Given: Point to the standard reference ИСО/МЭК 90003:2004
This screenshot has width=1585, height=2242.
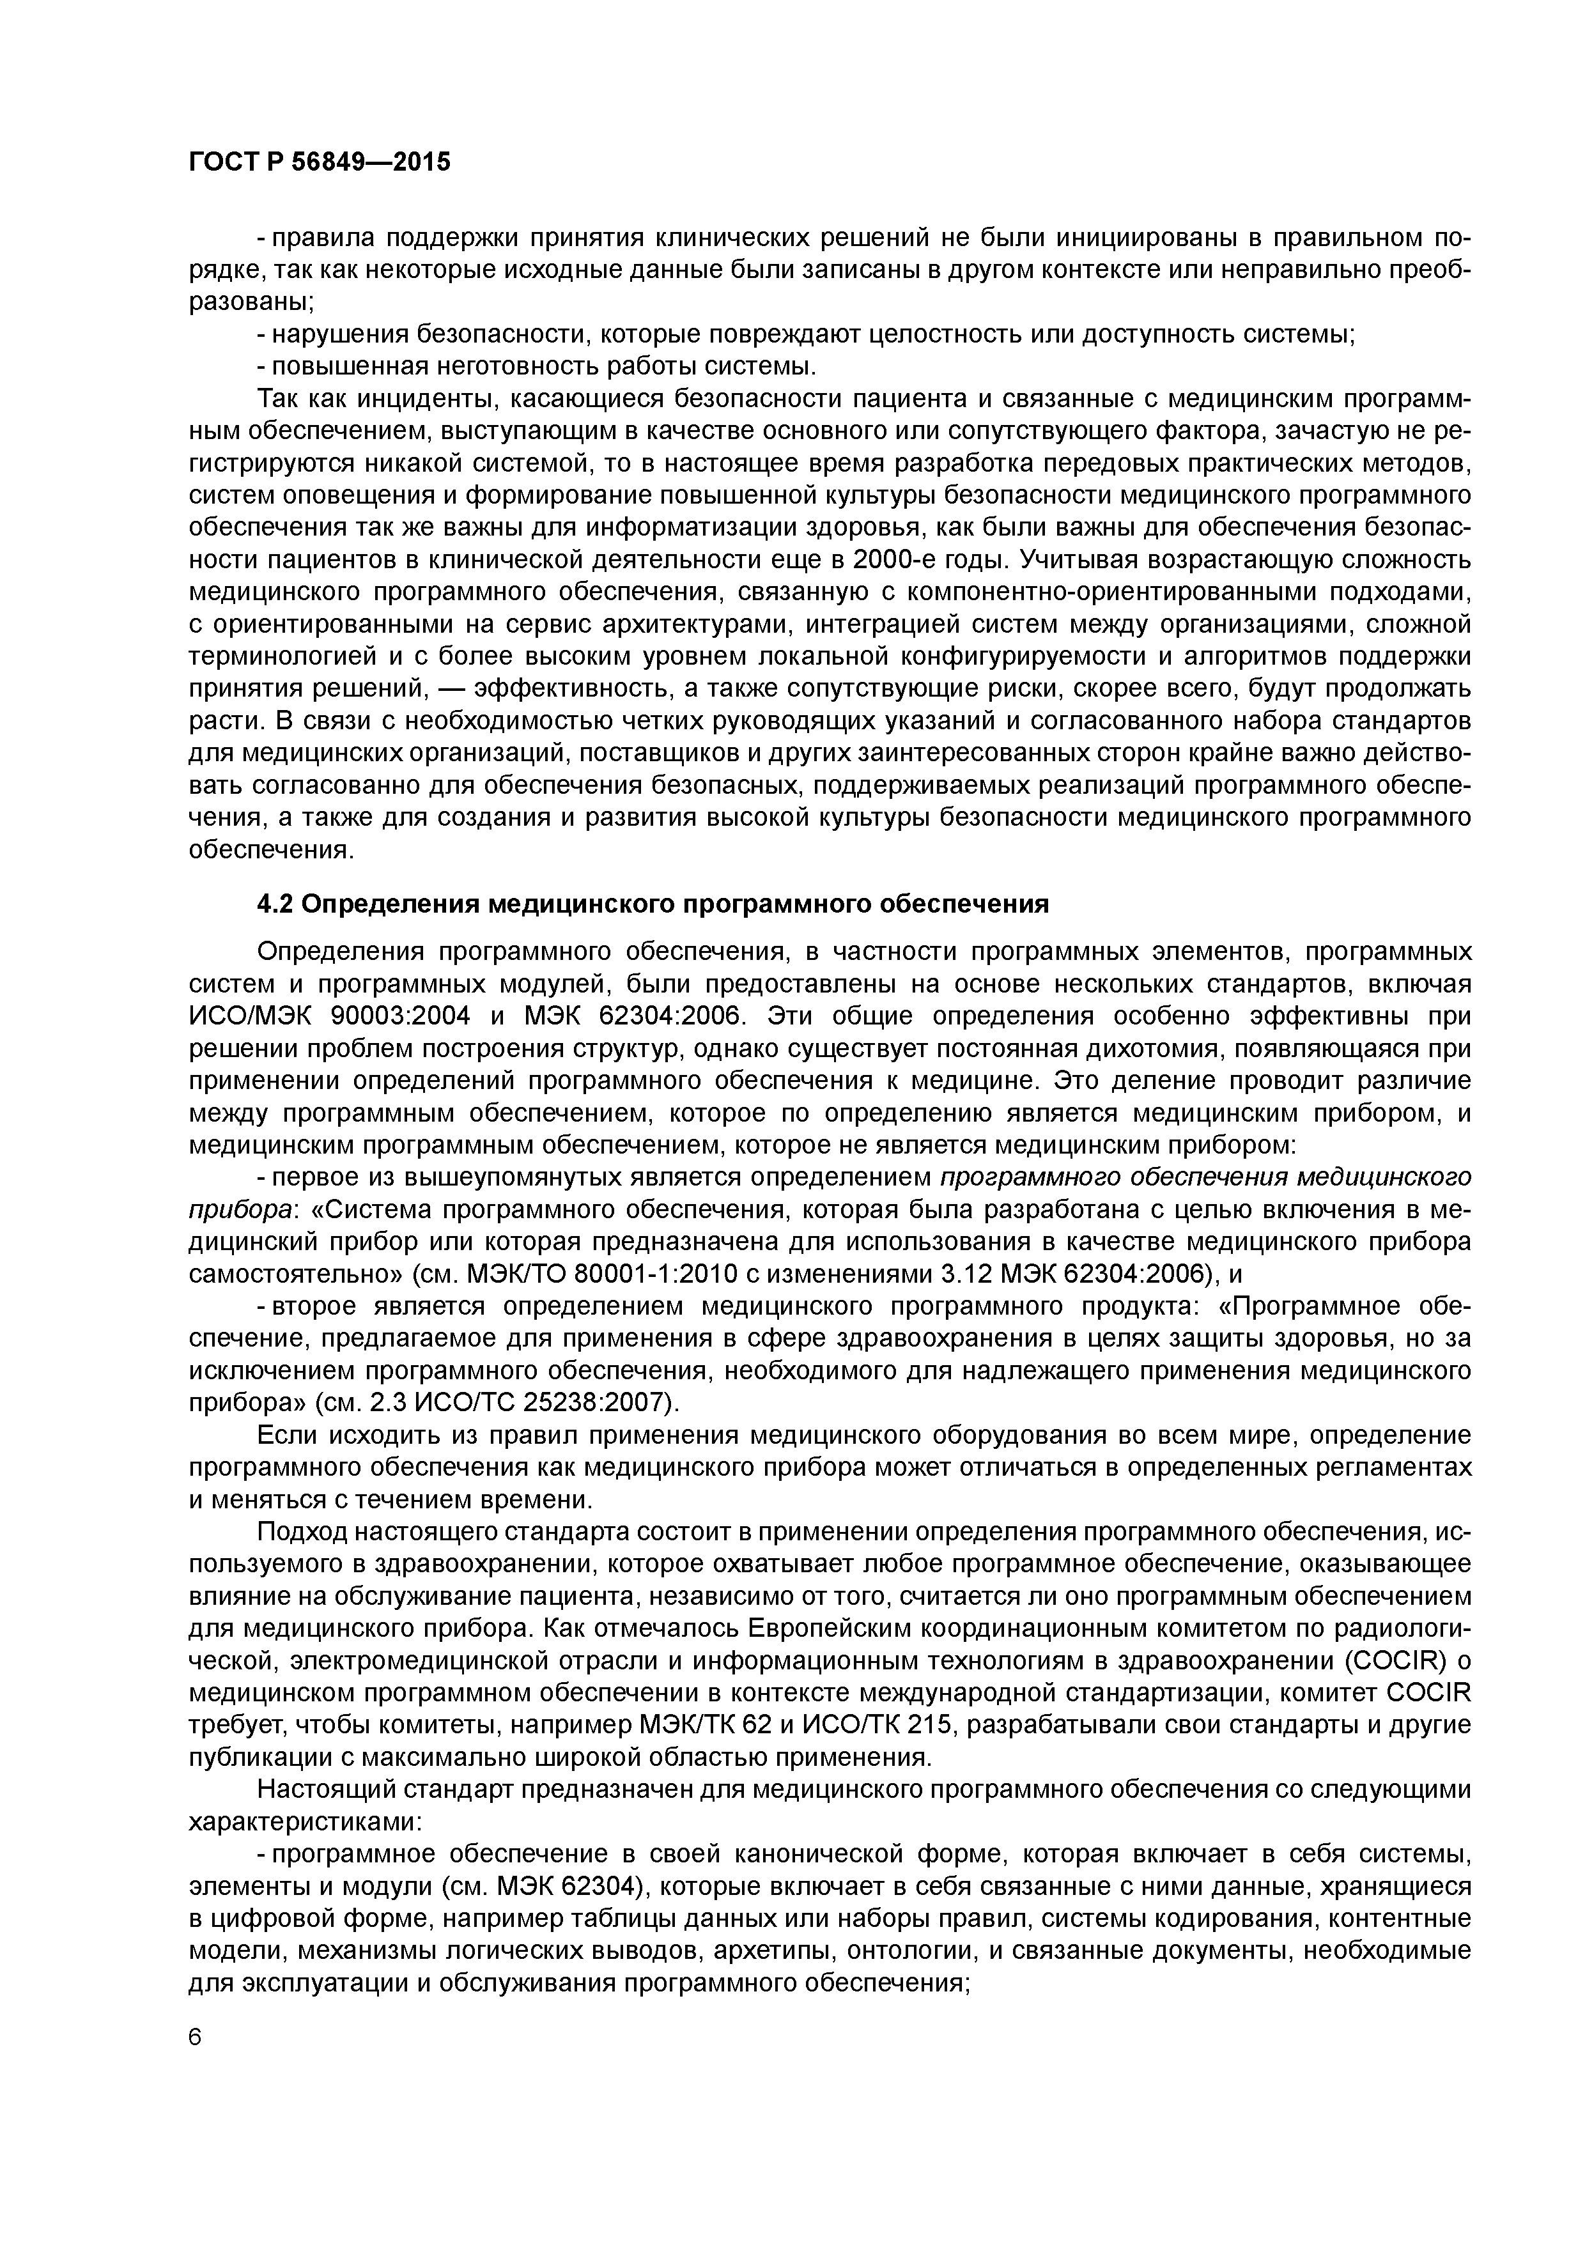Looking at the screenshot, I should [x=328, y=1017].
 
